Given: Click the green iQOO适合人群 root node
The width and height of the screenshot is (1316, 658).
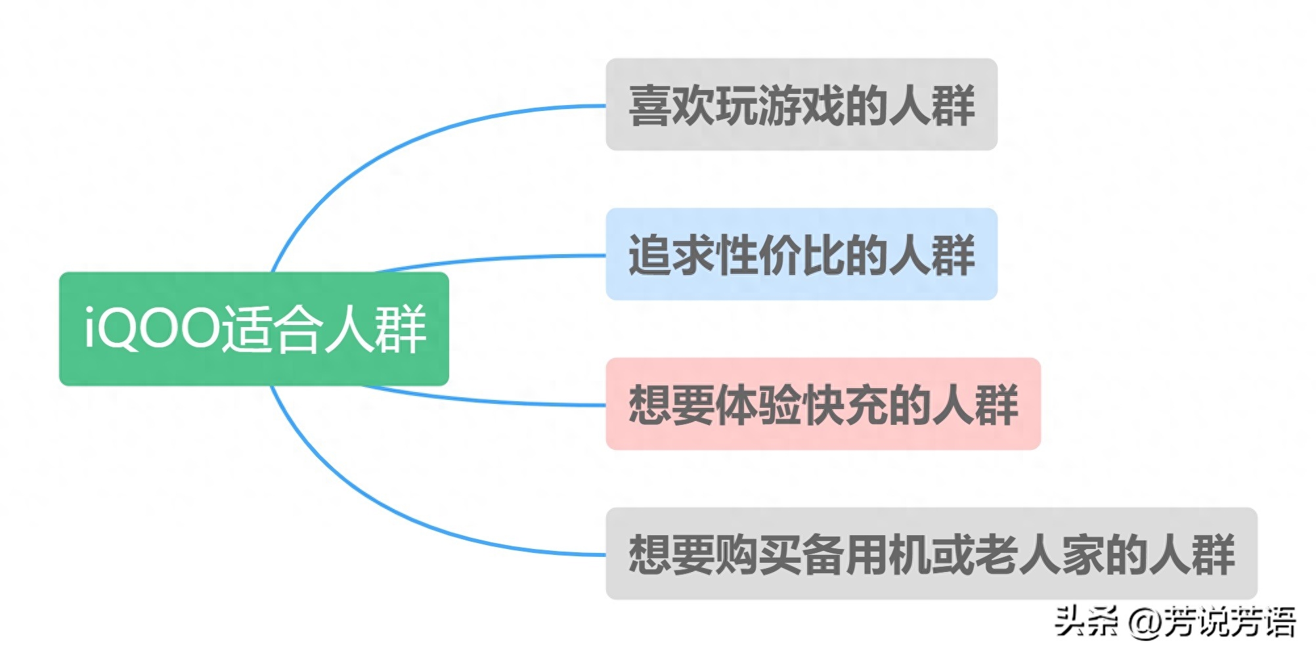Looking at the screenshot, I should point(253,328).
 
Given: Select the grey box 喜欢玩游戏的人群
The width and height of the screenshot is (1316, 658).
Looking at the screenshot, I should point(801,104).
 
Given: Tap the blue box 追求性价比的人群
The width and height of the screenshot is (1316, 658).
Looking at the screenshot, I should point(801,254).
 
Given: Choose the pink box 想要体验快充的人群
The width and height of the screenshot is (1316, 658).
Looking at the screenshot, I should point(823,404).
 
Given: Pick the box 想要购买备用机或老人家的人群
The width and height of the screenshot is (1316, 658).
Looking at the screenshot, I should point(931,554).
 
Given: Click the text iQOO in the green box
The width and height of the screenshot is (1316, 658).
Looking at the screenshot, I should point(150,328).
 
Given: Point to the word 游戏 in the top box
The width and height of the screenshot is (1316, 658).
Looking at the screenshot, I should point(801,105).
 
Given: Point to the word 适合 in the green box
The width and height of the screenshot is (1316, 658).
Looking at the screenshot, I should point(270,328).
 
